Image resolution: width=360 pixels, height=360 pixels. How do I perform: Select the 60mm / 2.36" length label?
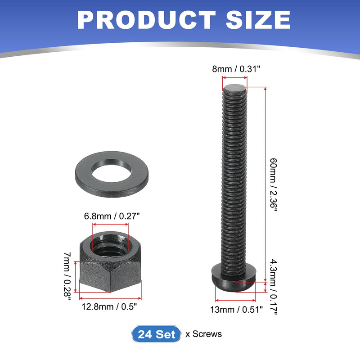click(x=273, y=185)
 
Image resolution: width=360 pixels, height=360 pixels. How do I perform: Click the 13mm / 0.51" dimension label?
click(x=235, y=309)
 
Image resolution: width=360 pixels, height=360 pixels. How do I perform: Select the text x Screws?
click(x=203, y=334)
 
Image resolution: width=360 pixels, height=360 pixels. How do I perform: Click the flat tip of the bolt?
click(x=235, y=87)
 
